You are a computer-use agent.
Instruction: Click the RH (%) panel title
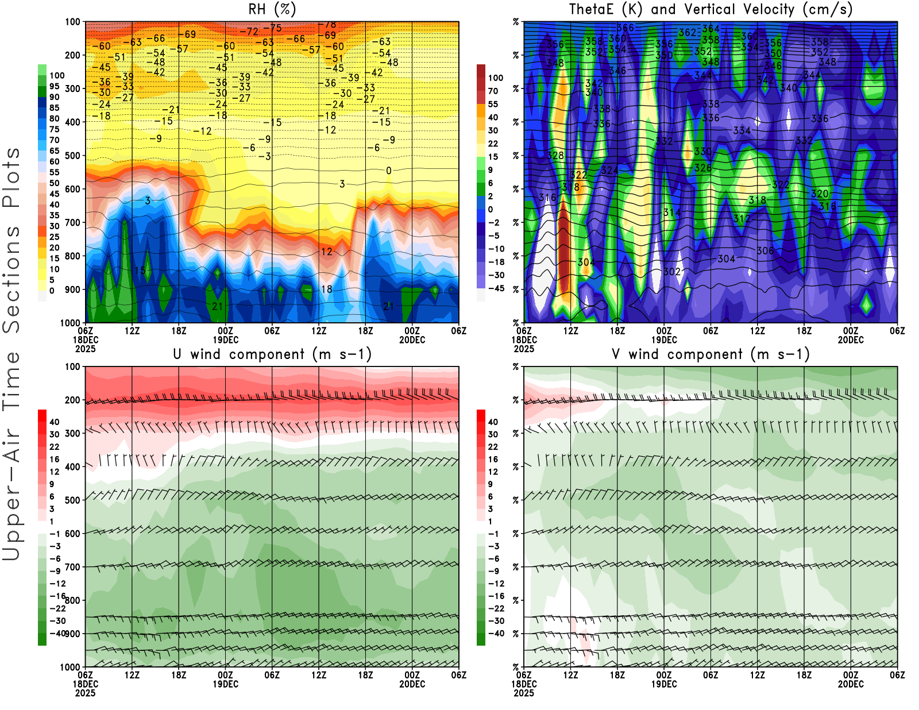(272, 10)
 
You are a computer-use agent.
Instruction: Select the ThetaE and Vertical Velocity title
(711, 10)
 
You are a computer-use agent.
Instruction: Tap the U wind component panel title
(272, 354)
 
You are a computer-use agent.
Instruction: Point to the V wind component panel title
(711, 354)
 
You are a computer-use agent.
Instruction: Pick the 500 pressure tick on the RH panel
(72, 156)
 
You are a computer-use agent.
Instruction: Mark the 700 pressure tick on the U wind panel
(72, 567)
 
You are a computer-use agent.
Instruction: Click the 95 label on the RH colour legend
(55, 86)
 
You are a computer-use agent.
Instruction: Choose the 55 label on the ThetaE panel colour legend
(493, 104)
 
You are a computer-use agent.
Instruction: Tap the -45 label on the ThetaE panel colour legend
(496, 288)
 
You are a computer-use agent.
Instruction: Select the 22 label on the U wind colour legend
(55, 447)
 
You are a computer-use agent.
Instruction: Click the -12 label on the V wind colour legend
(496, 584)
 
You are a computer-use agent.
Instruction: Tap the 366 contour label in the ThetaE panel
(625, 28)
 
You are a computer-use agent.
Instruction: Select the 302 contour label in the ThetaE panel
(672, 272)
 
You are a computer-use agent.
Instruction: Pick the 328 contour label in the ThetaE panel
(555, 156)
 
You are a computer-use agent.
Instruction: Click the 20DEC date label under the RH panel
(412, 340)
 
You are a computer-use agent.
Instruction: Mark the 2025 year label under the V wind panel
(524, 693)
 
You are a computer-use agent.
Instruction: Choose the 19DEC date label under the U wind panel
(226, 684)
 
